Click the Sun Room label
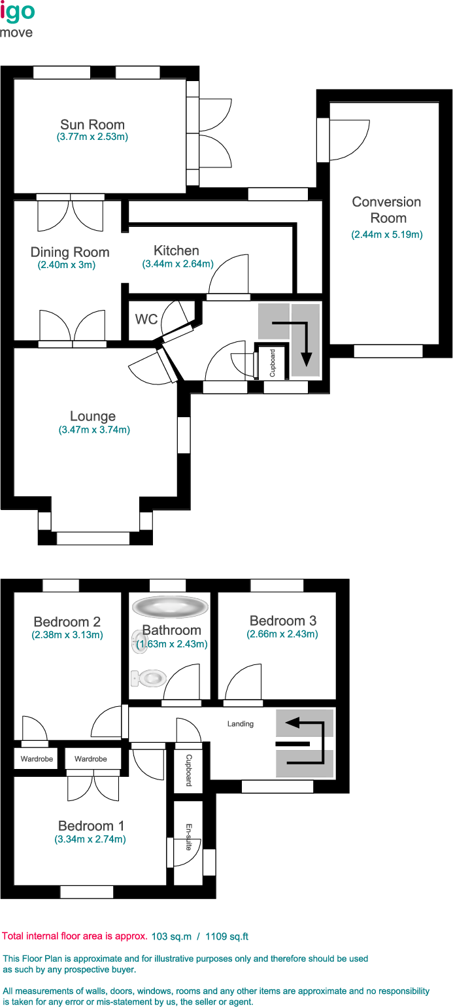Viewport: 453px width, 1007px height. point(92,124)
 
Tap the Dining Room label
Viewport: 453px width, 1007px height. point(70,252)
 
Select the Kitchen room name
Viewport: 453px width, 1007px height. point(176,250)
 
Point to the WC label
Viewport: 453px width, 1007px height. point(146,319)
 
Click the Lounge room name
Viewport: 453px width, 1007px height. point(93,417)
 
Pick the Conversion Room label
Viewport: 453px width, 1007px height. point(387,210)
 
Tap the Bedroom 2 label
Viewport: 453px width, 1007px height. point(67,622)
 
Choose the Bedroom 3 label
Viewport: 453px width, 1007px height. point(283,621)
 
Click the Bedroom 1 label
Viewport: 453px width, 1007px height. point(91,826)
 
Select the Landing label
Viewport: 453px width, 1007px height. point(241,724)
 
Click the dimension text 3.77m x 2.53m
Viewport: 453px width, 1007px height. point(92,137)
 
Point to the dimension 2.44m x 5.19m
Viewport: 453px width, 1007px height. point(387,235)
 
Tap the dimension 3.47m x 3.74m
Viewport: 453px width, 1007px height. point(94,430)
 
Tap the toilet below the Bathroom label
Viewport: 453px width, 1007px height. point(149,678)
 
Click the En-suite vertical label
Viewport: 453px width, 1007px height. point(189,837)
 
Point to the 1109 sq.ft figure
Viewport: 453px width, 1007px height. point(227,937)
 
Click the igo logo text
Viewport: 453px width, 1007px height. point(18,11)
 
